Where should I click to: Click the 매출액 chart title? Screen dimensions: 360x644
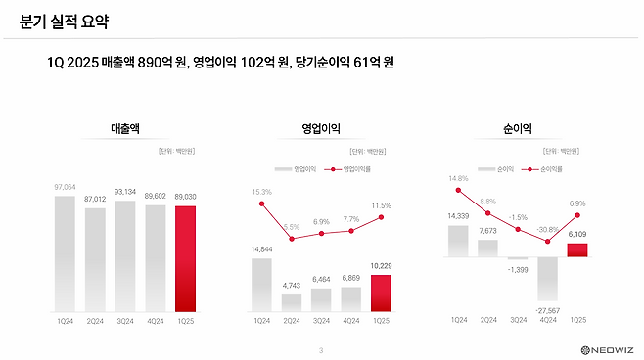pyautogui.click(x=128, y=128)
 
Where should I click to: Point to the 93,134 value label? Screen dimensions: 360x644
pyautogui.click(x=125, y=192)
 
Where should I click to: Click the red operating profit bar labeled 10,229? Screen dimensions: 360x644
pyautogui.click(x=382, y=292)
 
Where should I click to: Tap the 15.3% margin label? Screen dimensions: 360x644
pyautogui.click(x=261, y=191)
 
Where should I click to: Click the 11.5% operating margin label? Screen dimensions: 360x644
pyautogui.click(x=381, y=205)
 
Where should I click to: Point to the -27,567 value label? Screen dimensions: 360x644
pyautogui.click(x=548, y=309)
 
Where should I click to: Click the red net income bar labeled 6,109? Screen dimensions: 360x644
pyautogui.click(x=578, y=249)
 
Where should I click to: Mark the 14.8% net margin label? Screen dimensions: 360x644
pyautogui.click(x=459, y=178)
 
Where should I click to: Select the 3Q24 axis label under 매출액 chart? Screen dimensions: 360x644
pyautogui.click(x=125, y=319)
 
